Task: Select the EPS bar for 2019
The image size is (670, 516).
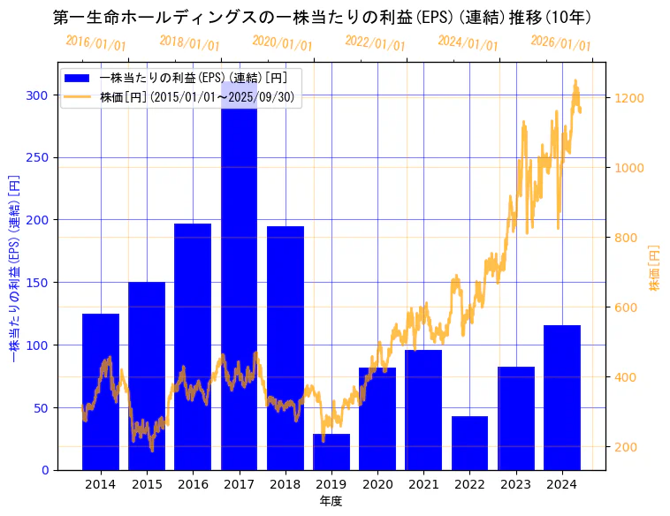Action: (x=331, y=451)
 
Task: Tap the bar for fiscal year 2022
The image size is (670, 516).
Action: (x=469, y=443)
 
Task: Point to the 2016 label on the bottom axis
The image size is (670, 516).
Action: (x=193, y=484)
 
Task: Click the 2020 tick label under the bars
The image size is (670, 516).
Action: (x=377, y=484)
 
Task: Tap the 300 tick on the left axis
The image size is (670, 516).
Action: (x=38, y=95)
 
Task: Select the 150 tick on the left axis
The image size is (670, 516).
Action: (x=38, y=283)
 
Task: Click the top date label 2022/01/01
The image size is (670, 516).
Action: (x=376, y=42)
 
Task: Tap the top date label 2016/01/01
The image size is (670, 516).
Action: (x=96, y=42)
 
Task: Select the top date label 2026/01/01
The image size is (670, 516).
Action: (x=561, y=42)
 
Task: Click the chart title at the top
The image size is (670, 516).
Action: (x=322, y=17)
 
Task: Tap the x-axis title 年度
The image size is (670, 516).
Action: (x=331, y=501)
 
